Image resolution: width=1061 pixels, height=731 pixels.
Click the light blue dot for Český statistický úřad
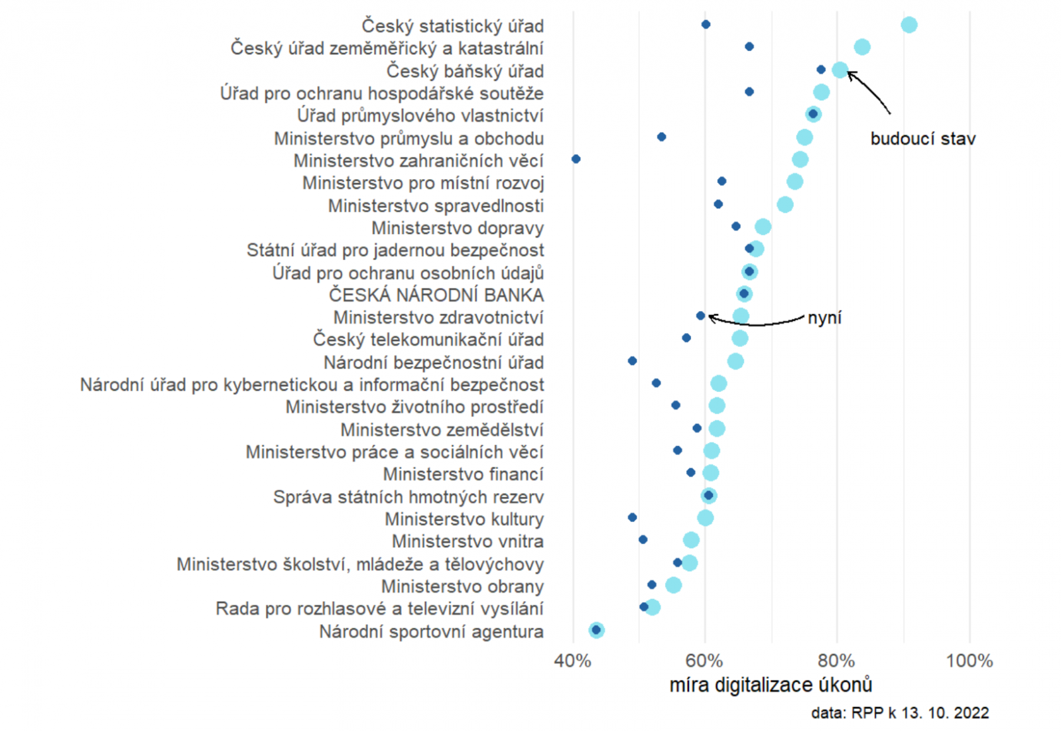(x=908, y=25)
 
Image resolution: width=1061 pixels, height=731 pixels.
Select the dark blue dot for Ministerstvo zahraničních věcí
(x=576, y=159)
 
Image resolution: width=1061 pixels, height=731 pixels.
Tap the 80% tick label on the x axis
(x=836, y=661)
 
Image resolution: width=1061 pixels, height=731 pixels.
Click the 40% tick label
(x=573, y=661)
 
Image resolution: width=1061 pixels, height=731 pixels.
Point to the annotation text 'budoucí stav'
(x=922, y=139)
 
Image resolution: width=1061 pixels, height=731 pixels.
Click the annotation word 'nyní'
(x=824, y=318)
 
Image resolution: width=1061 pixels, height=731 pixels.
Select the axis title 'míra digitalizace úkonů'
(x=771, y=685)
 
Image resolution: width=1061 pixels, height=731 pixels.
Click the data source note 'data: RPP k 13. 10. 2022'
(x=900, y=713)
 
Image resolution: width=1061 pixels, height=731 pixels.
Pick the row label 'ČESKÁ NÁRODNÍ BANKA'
(x=436, y=295)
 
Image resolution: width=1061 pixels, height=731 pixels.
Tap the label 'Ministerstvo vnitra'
(x=468, y=541)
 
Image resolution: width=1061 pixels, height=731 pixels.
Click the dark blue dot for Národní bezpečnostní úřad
(x=632, y=361)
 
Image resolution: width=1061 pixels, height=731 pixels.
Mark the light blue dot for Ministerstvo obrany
(x=673, y=585)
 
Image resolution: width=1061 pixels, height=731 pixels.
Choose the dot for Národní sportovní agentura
(x=596, y=630)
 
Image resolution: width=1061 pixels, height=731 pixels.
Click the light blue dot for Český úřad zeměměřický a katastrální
(x=861, y=47)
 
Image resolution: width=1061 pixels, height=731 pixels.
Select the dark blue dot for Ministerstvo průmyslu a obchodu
(x=661, y=137)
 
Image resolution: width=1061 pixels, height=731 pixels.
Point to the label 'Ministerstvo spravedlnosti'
(x=436, y=206)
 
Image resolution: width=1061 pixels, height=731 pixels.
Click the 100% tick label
(x=969, y=661)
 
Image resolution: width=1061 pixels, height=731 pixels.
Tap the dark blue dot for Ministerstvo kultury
(x=632, y=517)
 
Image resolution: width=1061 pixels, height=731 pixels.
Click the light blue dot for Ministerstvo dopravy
(x=763, y=227)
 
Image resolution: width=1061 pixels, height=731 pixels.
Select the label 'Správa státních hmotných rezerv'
(x=408, y=497)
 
